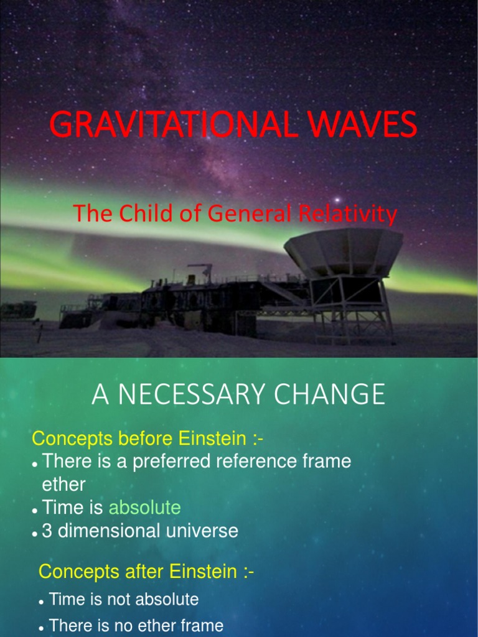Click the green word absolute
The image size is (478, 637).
(x=144, y=508)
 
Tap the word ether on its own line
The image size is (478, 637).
(x=63, y=484)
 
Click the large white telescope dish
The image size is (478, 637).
(x=344, y=252)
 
